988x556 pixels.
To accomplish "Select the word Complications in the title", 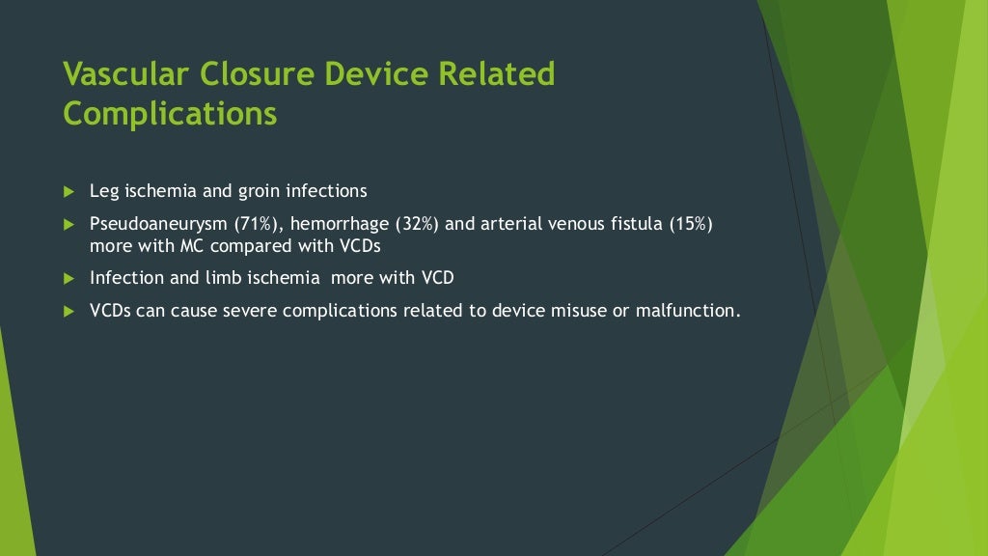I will click(170, 114).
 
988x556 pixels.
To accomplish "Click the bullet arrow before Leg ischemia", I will click(69, 191).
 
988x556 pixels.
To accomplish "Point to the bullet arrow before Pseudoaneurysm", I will click(69, 224).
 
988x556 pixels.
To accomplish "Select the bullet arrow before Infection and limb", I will click(69, 278).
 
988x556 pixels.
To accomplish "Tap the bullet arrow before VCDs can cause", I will click(69, 311).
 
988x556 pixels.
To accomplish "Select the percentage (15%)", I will click(688, 224).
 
